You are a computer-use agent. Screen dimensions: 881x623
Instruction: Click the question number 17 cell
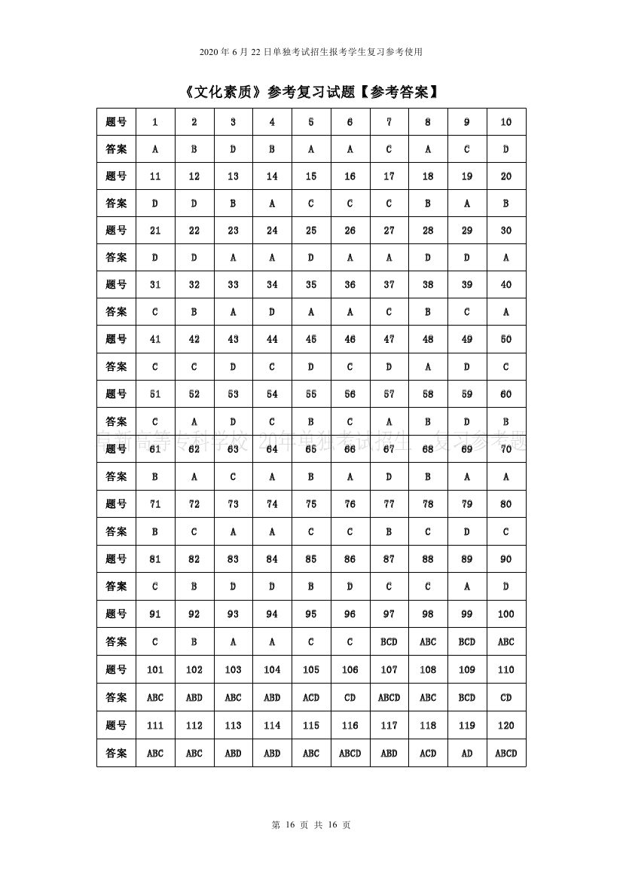(389, 176)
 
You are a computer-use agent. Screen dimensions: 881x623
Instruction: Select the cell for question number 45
(311, 339)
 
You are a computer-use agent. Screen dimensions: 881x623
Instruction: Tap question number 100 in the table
(506, 614)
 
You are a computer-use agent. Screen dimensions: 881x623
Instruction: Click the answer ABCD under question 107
(389, 697)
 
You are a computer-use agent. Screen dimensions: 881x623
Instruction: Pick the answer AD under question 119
(467, 753)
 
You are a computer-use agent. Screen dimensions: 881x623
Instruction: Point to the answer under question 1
(155, 149)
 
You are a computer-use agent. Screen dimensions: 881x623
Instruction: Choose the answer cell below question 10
(506, 149)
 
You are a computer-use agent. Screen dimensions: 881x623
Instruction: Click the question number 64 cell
(272, 449)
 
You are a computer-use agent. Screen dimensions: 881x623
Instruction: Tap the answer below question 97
(389, 642)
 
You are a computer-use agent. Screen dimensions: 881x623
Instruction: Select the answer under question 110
(506, 697)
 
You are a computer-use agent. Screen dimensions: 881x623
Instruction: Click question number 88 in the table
(428, 559)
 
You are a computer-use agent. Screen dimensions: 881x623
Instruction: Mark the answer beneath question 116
(350, 753)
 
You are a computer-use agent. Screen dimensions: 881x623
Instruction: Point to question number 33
(233, 285)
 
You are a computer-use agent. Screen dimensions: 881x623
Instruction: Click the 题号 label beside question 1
(116, 122)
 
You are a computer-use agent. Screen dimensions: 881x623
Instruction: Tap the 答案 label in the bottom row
(116, 753)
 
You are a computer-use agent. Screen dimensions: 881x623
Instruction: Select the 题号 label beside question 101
(116, 669)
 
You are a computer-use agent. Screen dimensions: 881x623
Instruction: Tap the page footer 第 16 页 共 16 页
(311, 824)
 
